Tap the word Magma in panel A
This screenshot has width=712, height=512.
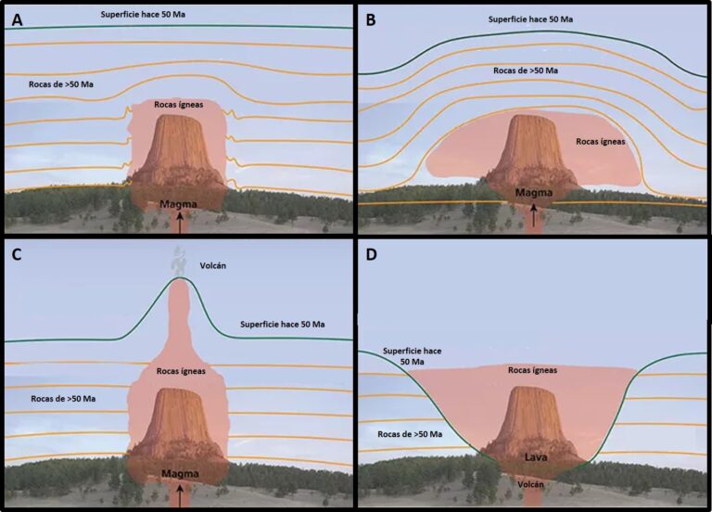click(x=178, y=203)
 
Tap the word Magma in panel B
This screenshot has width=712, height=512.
click(x=533, y=193)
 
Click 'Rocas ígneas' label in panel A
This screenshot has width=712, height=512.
click(x=178, y=105)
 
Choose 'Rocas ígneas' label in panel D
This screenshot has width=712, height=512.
click(x=533, y=369)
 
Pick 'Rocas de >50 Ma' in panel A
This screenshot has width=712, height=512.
click(x=61, y=85)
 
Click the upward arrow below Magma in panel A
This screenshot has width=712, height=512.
click(x=180, y=220)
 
